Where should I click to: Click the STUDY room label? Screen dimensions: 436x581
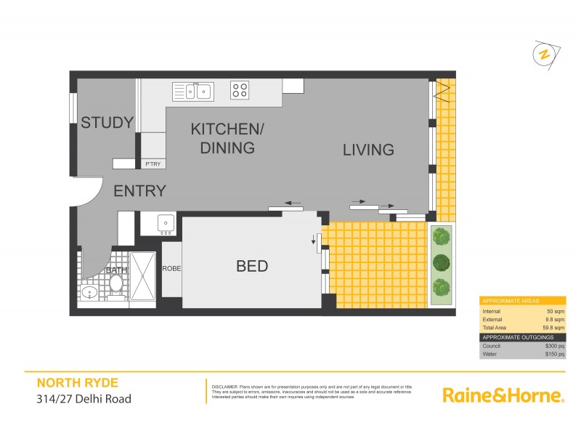click(x=107, y=122)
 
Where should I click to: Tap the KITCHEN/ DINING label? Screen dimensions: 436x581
click(x=227, y=139)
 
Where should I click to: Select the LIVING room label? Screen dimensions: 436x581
click(x=368, y=150)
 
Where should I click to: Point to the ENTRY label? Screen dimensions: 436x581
click(x=139, y=191)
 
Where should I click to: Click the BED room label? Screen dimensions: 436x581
click(x=252, y=267)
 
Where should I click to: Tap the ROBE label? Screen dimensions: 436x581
click(x=172, y=269)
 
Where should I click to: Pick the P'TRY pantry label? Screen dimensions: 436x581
click(x=153, y=164)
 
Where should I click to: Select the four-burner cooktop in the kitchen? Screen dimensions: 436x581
click(x=240, y=91)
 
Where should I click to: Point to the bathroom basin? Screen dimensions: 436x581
click(x=89, y=292)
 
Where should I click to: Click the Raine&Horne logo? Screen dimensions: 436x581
click(x=503, y=395)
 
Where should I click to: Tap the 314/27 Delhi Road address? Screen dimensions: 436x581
click(x=84, y=398)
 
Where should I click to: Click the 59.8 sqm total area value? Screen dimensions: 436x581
click(x=553, y=328)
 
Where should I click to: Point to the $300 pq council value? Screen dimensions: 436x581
click(x=554, y=346)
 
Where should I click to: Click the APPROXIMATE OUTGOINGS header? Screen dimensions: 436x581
click(x=517, y=337)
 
